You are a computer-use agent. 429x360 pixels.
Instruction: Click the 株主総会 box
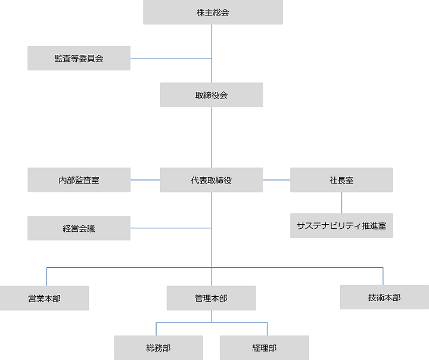point(213,13)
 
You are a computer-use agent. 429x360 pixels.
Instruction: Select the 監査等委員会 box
point(79,58)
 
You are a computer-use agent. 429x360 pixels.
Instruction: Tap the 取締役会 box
point(212,95)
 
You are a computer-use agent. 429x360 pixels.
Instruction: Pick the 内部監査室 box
point(79,180)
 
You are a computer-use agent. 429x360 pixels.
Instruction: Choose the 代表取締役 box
point(212,180)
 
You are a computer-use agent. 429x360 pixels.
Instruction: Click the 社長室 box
point(341,180)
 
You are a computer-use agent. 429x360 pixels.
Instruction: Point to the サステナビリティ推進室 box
point(341,226)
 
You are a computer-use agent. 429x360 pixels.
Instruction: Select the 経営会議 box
point(79,228)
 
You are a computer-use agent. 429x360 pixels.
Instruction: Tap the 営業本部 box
point(44,298)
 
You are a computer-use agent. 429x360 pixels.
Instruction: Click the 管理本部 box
point(211,298)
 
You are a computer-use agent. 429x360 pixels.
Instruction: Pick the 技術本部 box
point(384,297)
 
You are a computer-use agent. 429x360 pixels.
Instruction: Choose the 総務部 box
point(158,347)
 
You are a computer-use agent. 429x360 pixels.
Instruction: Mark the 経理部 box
point(264,347)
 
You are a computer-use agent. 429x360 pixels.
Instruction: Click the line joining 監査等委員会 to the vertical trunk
point(171,58)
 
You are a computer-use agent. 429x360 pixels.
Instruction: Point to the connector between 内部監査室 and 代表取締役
point(145,180)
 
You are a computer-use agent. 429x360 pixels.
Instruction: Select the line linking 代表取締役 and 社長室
point(276,180)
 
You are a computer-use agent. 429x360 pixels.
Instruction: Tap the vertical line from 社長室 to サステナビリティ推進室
point(341,203)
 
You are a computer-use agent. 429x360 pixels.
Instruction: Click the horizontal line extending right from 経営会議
point(171,228)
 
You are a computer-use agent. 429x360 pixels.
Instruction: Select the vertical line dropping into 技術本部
point(383,276)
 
